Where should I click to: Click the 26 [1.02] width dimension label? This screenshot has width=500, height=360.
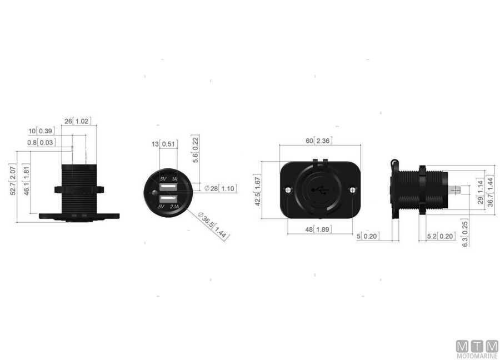coord(77,121)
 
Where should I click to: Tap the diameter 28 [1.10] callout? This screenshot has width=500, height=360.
coord(220,189)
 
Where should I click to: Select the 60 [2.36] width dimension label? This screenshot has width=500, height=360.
coord(318,141)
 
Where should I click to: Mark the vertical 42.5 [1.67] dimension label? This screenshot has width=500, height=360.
coord(257,191)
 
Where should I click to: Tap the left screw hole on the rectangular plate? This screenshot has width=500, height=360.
coord(288,190)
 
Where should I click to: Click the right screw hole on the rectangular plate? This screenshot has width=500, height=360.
coord(353,190)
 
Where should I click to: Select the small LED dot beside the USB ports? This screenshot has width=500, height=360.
coord(152,194)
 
